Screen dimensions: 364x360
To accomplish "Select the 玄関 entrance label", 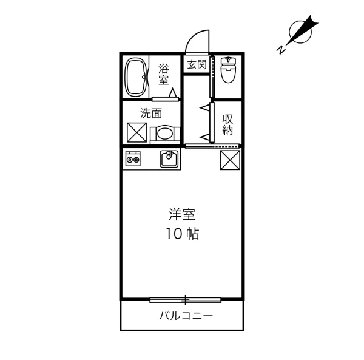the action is point(197,64).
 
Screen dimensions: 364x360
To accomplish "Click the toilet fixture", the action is point(229,71).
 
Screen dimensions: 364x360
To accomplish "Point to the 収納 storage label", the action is point(228,124).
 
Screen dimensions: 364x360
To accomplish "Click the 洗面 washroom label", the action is point(152,113).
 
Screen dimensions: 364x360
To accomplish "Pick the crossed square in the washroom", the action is point(135,132).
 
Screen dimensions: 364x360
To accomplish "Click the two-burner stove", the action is point(133,160).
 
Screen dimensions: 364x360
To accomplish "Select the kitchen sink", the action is point(169,160).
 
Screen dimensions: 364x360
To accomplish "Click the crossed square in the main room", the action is point(230,161).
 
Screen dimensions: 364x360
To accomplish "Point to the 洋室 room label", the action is point(182,214).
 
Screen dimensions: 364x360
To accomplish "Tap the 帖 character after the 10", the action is point(193,234).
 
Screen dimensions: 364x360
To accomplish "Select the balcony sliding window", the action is point(186,299).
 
